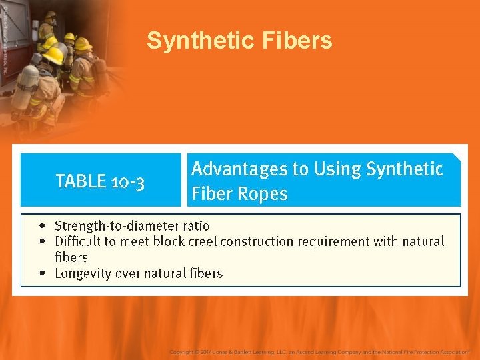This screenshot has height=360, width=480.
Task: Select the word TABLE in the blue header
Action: pos(81,181)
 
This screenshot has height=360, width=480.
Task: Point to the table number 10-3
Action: pos(127,181)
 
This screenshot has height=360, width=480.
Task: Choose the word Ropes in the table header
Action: pos(265,195)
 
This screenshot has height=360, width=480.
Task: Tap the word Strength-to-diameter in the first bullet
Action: pos(117,226)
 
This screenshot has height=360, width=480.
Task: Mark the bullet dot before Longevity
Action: pos(43,273)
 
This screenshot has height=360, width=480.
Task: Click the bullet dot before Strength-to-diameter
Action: pos(43,226)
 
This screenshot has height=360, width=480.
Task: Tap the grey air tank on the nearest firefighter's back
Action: pos(27,87)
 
